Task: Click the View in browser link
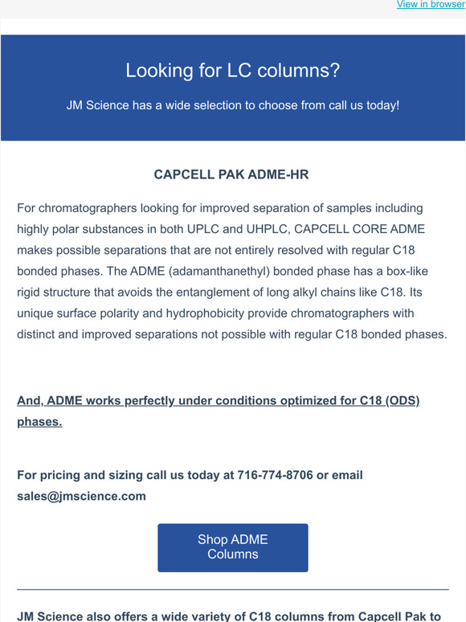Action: (430, 5)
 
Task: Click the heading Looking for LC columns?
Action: (232, 71)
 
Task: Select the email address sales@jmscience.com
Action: (81, 496)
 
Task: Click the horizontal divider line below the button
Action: (233, 590)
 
